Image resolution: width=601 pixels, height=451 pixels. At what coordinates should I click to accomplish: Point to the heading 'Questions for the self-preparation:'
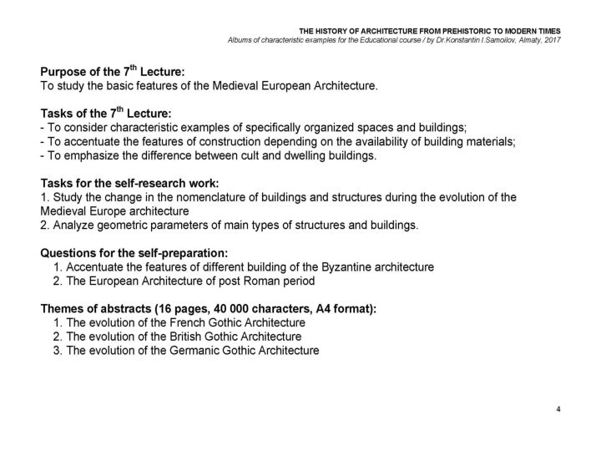(134, 253)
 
